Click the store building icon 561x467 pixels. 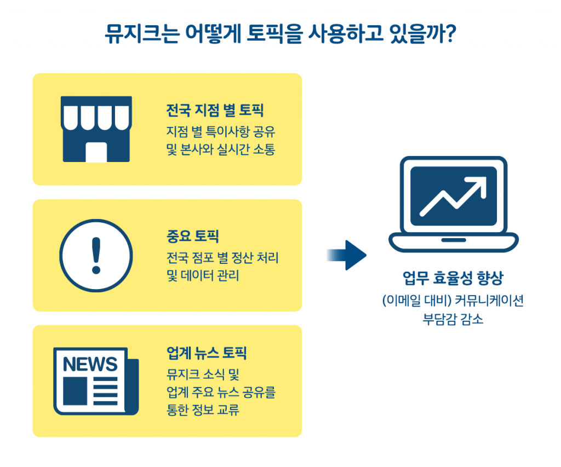point(96,129)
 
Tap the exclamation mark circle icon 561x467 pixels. point(96,255)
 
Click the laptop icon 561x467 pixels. point(454,204)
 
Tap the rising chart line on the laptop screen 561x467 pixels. point(454,197)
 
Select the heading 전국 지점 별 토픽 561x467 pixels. point(215,111)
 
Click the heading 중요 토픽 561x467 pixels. point(192,237)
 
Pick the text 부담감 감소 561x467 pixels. point(453,319)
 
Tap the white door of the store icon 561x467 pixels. point(96,152)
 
